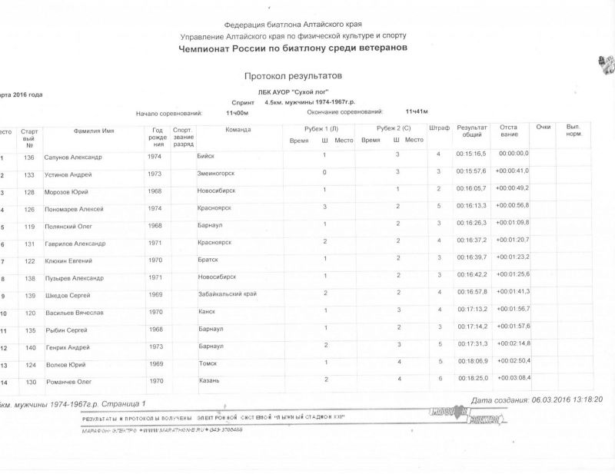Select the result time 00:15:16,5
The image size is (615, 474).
click(471, 154)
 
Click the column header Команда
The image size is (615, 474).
click(238, 130)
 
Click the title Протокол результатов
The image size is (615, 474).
click(292, 77)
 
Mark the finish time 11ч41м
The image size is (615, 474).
click(416, 111)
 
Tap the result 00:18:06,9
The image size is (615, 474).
click(471, 360)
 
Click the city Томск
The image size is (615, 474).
click(208, 363)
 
